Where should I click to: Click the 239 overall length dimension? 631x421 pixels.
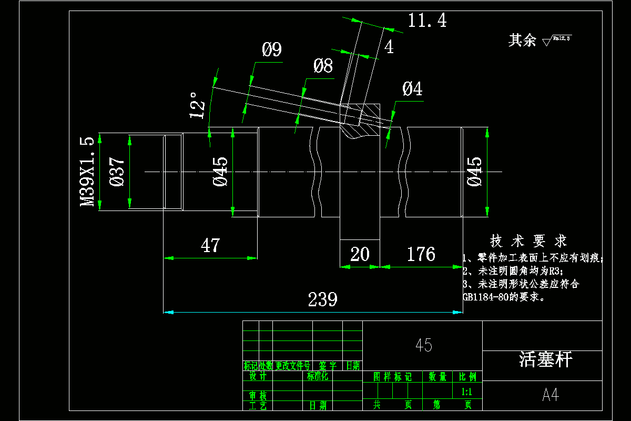[322, 299]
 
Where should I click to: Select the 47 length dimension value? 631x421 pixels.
[210, 245]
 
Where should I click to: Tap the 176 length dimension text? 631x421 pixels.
[421, 254]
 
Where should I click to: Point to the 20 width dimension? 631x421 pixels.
[360, 254]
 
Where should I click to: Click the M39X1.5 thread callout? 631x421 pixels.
[87, 172]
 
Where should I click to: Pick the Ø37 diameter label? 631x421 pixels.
[117, 172]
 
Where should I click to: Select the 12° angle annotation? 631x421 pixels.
[197, 105]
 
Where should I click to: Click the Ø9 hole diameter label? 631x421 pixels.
[272, 50]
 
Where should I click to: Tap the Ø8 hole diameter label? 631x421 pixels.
[323, 66]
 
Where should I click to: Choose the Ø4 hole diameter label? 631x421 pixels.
[412, 89]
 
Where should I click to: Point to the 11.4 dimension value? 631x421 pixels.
[427, 21]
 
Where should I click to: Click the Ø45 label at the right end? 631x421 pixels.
[474, 172]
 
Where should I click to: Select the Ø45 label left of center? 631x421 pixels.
[220, 172]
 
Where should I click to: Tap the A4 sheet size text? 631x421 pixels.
[550, 395]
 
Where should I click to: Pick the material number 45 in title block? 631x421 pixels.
[423, 345]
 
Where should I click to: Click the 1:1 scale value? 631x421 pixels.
[466, 392]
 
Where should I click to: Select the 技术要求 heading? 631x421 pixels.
[528, 241]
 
